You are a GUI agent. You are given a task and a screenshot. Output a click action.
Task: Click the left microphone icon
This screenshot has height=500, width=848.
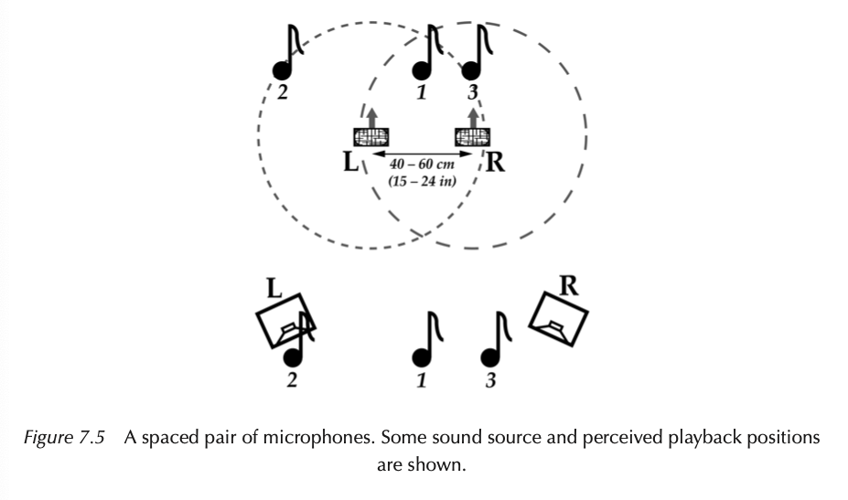click(371, 138)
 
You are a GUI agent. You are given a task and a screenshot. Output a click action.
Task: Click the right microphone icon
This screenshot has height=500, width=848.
click(472, 138)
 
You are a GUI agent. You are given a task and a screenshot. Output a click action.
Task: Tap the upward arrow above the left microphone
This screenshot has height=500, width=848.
click(371, 117)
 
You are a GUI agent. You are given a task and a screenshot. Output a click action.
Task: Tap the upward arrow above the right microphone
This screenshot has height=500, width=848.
click(472, 117)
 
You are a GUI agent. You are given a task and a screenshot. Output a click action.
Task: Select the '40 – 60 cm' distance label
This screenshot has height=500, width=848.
click(416, 164)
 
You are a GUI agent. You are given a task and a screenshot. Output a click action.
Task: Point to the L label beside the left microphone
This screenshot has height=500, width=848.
click(349, 163)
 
